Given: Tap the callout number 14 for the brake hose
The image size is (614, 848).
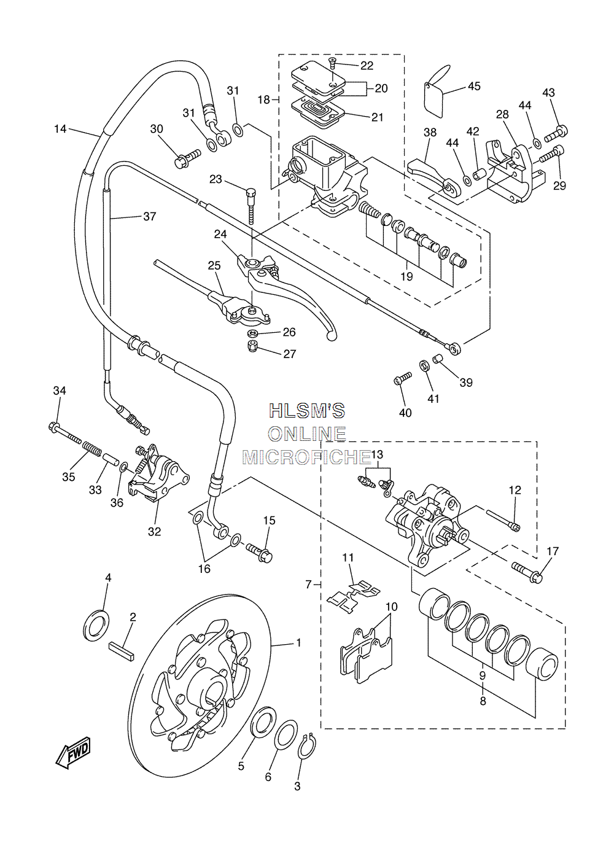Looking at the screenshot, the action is [x=60, y=129].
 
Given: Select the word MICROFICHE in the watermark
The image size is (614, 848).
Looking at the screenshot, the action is [x=306, y=457].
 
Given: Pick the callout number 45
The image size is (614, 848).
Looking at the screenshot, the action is [x=474, y=86].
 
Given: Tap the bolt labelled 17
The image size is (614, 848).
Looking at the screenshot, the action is [x=527, y=572].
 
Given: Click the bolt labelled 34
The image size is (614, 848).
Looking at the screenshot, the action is [x=64, y=434].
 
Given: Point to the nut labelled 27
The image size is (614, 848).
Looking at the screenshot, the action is [x=251, y=345].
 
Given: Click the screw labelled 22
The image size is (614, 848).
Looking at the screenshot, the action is [x=332, y=63].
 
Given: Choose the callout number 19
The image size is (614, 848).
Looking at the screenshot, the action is [x=406, y=276].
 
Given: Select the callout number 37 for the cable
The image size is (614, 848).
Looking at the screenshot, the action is [x=150, y=216].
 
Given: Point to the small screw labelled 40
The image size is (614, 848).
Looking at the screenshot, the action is [x=402, y=378].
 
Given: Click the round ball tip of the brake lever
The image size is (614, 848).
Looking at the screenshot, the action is [x=332, y=336].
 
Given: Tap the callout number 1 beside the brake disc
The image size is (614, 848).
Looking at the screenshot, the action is [x=298, y=642].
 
